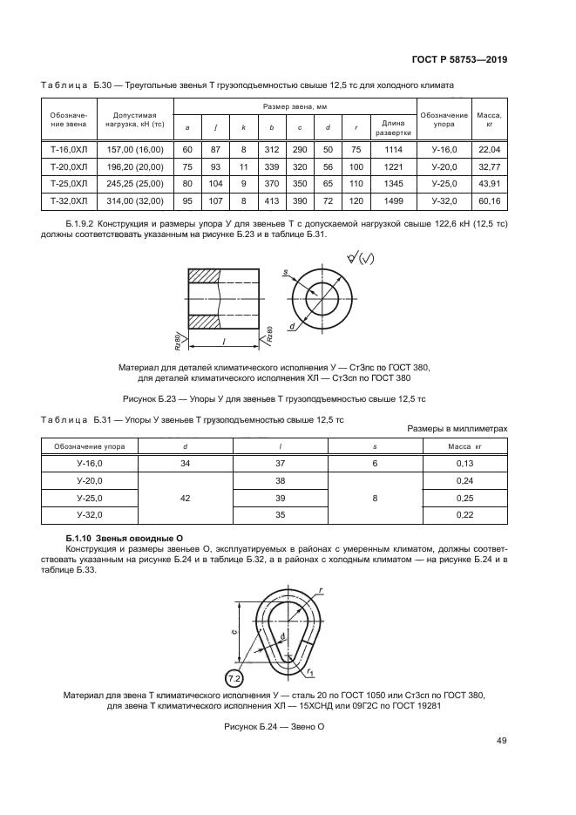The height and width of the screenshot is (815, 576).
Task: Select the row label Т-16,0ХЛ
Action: click(69, 150)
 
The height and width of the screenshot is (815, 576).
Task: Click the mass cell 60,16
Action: click(490, 201)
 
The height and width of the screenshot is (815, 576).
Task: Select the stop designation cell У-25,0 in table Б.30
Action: click(444, 184)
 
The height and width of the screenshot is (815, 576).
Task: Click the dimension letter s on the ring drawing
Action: click(285, 274)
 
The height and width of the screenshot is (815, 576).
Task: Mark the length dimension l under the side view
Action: click(224, 341)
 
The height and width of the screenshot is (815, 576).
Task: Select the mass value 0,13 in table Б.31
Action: click(464, 463)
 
